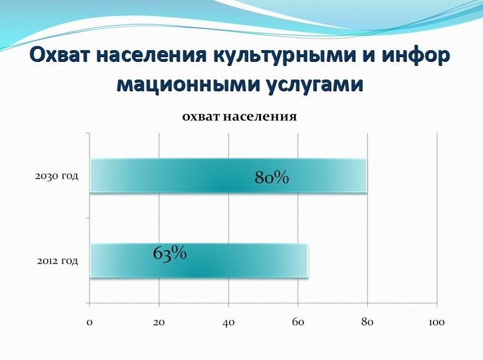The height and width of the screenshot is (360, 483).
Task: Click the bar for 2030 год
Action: [x=229, y=176]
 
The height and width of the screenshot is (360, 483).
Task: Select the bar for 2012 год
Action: [x=199, y=260]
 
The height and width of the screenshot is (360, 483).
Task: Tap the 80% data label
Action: [x=272, y=178]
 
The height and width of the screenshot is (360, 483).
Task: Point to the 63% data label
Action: [x=170, y=254]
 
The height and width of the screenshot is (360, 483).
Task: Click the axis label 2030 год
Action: [x=57, y=177]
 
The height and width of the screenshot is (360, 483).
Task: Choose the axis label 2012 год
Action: [x=58, y=261]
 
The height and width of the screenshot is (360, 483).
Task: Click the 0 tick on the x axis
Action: [x=90, y=322]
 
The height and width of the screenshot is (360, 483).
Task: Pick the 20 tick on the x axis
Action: [x=159, y=322]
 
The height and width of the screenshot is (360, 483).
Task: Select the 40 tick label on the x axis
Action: [x=229, y=322]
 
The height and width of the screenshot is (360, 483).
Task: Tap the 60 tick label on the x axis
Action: [x=298, y=322]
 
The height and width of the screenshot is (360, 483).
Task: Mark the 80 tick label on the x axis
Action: [x=368, y=322]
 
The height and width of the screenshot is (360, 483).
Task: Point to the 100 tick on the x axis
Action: [x=437, y=322]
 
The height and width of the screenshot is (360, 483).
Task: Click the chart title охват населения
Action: [x=240, y=117]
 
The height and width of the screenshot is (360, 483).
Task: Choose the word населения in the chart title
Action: [x=260, y=117]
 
